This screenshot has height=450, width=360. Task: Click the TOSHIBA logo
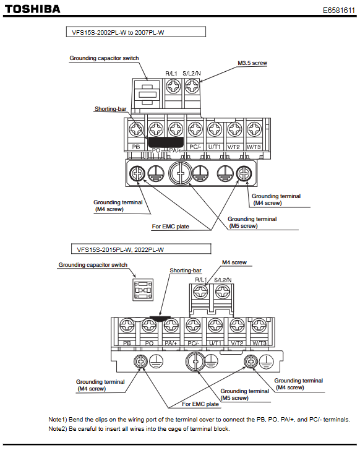[32, 9]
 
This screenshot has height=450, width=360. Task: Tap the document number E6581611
[339, 11]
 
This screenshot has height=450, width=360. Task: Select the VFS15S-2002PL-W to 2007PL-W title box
[136, 32]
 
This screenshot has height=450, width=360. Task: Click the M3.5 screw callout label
[252, 63]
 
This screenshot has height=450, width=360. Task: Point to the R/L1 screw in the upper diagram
[173, 86]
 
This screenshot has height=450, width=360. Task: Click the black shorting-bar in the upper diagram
[166, 142]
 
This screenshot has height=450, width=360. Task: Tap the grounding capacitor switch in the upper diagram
[147, 95]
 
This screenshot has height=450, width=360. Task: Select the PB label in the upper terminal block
[136, 147]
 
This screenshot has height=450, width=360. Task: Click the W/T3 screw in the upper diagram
[254, 129]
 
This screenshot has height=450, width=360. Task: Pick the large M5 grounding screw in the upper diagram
[181, 173]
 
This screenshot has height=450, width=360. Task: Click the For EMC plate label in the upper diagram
[170, 227]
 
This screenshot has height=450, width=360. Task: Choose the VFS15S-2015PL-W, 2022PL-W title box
[141, 249]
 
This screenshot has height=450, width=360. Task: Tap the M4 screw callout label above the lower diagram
[234, 262]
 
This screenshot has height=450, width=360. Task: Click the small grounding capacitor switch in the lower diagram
[143, 290]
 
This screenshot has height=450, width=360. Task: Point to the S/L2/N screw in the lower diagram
[223, 292]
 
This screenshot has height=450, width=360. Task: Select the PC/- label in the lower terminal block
[194, 343]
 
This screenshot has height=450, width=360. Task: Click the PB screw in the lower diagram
[127, 326]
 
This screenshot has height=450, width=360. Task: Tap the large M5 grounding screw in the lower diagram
[195, 362]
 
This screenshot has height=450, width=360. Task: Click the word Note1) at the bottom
[58, 420]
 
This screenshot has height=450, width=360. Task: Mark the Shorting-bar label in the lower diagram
[186, 270]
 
